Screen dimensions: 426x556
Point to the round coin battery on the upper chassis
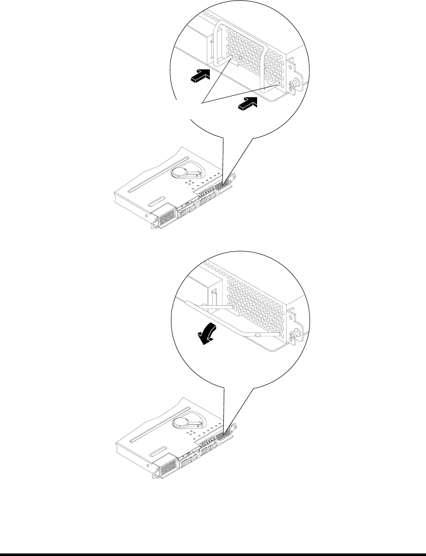click(x=181, y=172)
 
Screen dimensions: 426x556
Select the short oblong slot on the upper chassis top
click(x=157, y=200)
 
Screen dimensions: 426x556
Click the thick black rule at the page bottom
click(x=213, y=553)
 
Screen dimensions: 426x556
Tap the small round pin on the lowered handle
click(x=257, y=335)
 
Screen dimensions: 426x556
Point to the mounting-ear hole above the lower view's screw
click(x=292, y=320)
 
